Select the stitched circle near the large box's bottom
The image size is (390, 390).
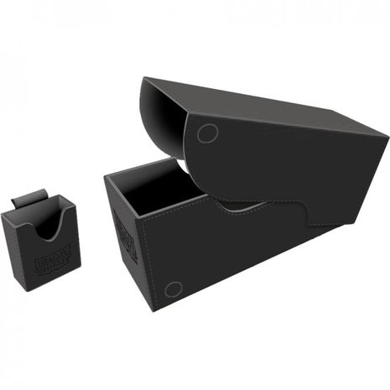tap(173, 289)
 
